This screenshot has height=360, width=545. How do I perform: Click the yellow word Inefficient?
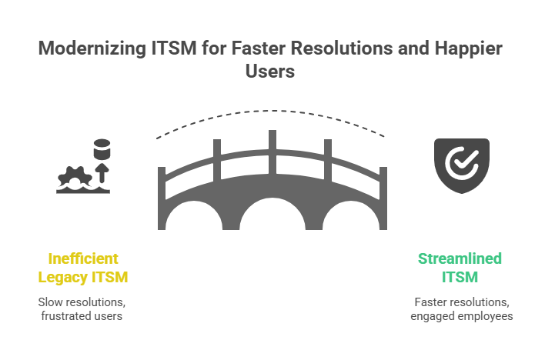click(x=84, y=258)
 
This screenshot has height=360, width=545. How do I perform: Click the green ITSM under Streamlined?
click(x=461, y=275)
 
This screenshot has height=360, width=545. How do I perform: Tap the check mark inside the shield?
click(x=460, y=162)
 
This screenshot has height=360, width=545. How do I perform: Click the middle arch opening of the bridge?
click(x=272, y=215)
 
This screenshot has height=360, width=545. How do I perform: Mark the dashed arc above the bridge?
click(x=272, y=116)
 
